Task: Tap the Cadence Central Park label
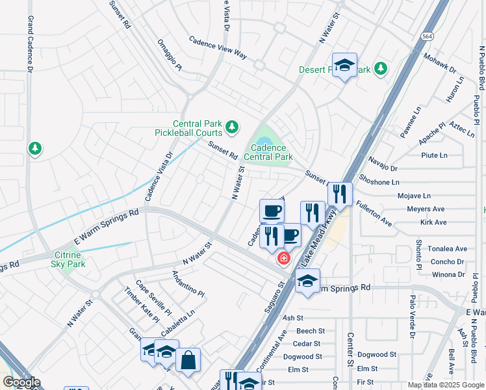click(x=268, y=153)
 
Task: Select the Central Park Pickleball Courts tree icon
click(x=232, y=125)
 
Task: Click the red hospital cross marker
click(x=283, y=259)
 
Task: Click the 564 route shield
click(x=427, y=36)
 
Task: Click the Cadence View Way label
click(x=218, y=48)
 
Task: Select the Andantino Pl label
click(x=188, y=285)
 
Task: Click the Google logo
click(x=21, y=382)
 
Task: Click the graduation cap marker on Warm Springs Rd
click(x=307, y=281)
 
